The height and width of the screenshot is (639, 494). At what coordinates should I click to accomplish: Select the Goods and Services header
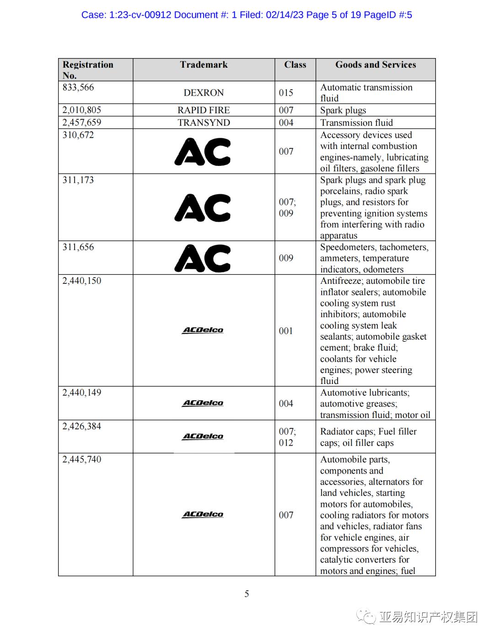point(376,65)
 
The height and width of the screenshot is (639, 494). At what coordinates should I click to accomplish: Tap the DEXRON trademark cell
point(204,93)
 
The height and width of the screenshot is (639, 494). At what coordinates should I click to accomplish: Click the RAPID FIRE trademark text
point(204,110)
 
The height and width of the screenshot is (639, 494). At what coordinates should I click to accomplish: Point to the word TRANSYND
point(204,122)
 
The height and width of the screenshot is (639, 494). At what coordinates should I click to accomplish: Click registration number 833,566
point(78,87)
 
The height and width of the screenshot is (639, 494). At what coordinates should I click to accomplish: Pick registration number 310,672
point(78,135)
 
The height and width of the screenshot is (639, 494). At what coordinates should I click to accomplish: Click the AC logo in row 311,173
point(203,208)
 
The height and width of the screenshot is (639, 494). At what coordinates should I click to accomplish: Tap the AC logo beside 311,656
point(203,258)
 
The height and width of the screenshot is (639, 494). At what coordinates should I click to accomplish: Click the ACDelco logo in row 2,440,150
point(203,330)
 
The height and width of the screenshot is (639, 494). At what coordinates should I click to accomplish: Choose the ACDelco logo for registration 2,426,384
point(203,437)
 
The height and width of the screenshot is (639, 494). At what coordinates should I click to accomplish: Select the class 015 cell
point(286,93)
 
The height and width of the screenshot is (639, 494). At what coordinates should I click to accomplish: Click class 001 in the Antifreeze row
point(286,331)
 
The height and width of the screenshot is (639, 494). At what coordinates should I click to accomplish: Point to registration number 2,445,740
point(82,459)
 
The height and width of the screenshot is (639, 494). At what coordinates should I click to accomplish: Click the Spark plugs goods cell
point(343,110)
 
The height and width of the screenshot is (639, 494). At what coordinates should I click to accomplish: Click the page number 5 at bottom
point(247,594)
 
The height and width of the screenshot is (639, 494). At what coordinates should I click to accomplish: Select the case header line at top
point(247,15)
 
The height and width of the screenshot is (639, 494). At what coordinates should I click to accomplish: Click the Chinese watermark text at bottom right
point(428,617)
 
